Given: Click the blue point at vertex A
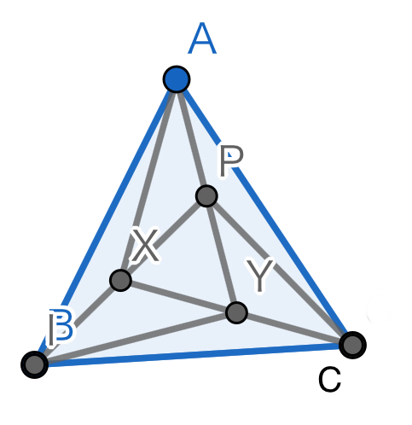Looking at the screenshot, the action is coord(177,79).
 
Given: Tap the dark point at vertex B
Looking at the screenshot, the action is coord(34,364).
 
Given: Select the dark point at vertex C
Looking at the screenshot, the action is coord(352,345).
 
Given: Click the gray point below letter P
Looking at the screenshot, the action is coord(206,195).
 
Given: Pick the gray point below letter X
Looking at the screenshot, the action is coord(120,280).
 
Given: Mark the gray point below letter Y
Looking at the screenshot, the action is coord(236,313).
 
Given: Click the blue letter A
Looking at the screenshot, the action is coord(202,38).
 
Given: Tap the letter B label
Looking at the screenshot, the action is coord(62,326).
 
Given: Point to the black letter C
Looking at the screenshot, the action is coord(329,380).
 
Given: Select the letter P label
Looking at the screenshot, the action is coord(231,160).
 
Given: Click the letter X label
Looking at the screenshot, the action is coord(145,245).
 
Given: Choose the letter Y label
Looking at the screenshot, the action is coord(260,275).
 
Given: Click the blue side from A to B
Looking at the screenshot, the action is coord(106,222).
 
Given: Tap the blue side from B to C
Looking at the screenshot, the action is coord(194,355).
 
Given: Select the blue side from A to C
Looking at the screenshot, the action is coord(264,212).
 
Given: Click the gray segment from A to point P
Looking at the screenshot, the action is coord(192,137).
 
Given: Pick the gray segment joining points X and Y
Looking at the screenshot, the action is coord(178,296).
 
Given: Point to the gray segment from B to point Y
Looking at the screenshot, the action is coord(136,339).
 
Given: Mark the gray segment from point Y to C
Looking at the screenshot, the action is coord(294,329).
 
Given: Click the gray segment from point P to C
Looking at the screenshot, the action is coord(280,271).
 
